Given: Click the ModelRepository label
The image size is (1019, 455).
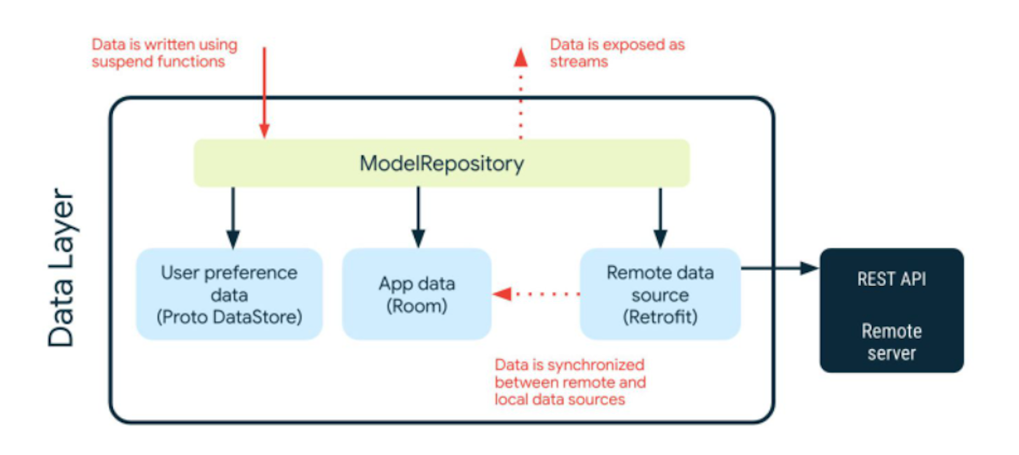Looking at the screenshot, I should click(x=441, y=163).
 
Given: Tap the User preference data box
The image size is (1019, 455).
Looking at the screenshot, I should click(x=229, y=294).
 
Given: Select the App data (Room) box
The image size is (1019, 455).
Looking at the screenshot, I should click(x=417, y=294).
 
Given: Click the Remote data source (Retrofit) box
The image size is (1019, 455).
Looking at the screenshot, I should click(x=660, y=294).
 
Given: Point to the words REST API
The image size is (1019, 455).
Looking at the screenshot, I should click(x=891, y=279).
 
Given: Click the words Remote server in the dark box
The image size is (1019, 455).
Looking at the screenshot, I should click(x=891, y=342).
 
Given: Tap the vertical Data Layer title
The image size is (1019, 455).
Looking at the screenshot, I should click(x=62, y=268).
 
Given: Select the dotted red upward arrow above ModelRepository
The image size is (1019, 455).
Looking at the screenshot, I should click(x=520, y=96).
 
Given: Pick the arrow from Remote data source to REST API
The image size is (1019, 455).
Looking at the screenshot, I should click(x=780, y=268).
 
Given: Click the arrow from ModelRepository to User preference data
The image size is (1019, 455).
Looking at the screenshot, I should click(x=233, y=217).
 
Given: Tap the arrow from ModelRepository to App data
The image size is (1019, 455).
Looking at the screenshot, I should click(x=418, y=217).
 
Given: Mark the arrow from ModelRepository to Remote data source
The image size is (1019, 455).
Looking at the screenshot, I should click(x=660, y=217).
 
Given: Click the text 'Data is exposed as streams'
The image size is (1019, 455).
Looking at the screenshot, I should click(x=616, y=53).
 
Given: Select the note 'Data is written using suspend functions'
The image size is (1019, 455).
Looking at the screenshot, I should click(x=164, y=53).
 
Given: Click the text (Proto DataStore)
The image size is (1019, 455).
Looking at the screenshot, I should click(x=229, y=317).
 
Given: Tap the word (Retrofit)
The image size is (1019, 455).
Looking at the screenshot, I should click(x=660, y=317).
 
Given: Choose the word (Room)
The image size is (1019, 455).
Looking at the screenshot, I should click(x=417, y=306).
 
